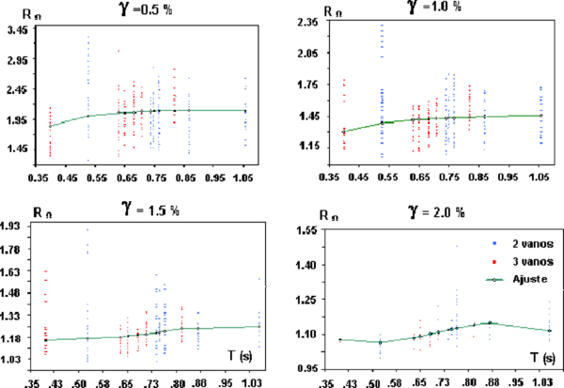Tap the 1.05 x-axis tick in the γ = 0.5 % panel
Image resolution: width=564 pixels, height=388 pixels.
[246, 176]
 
